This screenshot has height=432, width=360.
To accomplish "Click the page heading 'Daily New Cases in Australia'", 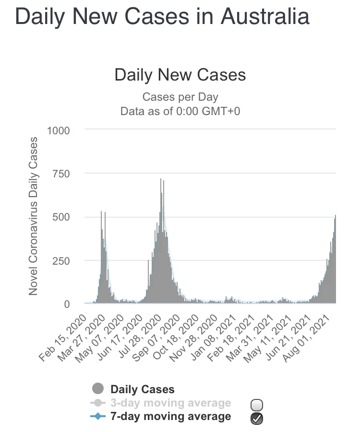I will pyautogui.click(x=162, y=16).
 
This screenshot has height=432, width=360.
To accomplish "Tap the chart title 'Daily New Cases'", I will pyautogui.click(x=180, y=75).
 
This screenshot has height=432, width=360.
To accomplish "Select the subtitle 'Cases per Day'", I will pyautogui.click(x=180, y=97).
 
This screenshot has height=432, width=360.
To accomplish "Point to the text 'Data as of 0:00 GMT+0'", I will pyautogui.click(x=180, y=111).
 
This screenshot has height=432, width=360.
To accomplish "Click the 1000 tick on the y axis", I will pyautogui.click(x=59, y=130).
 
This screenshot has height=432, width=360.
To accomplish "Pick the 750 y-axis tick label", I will pyautogui.click(x=62, y=174).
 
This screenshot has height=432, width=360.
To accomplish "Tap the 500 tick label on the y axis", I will pyautogui.click(x=62, y=217).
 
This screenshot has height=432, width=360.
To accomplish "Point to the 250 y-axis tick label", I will pyautogui.click(x=62, y=261).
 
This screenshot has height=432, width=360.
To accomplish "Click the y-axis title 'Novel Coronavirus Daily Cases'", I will pyautogui.click(x=33, y=216).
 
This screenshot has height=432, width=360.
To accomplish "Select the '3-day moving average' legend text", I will pyautogui.click(x=170, y=403).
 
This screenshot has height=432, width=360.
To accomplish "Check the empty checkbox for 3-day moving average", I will pyautogui.click(x=257, y=404).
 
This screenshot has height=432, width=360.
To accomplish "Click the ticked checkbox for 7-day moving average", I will pyautogui.click(x=257, y=418).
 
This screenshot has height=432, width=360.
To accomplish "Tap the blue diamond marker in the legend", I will pyautogui.click(x=98, y=417).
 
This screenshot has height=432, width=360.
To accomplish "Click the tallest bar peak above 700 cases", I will pyautogui.click(x=160, y=180).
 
